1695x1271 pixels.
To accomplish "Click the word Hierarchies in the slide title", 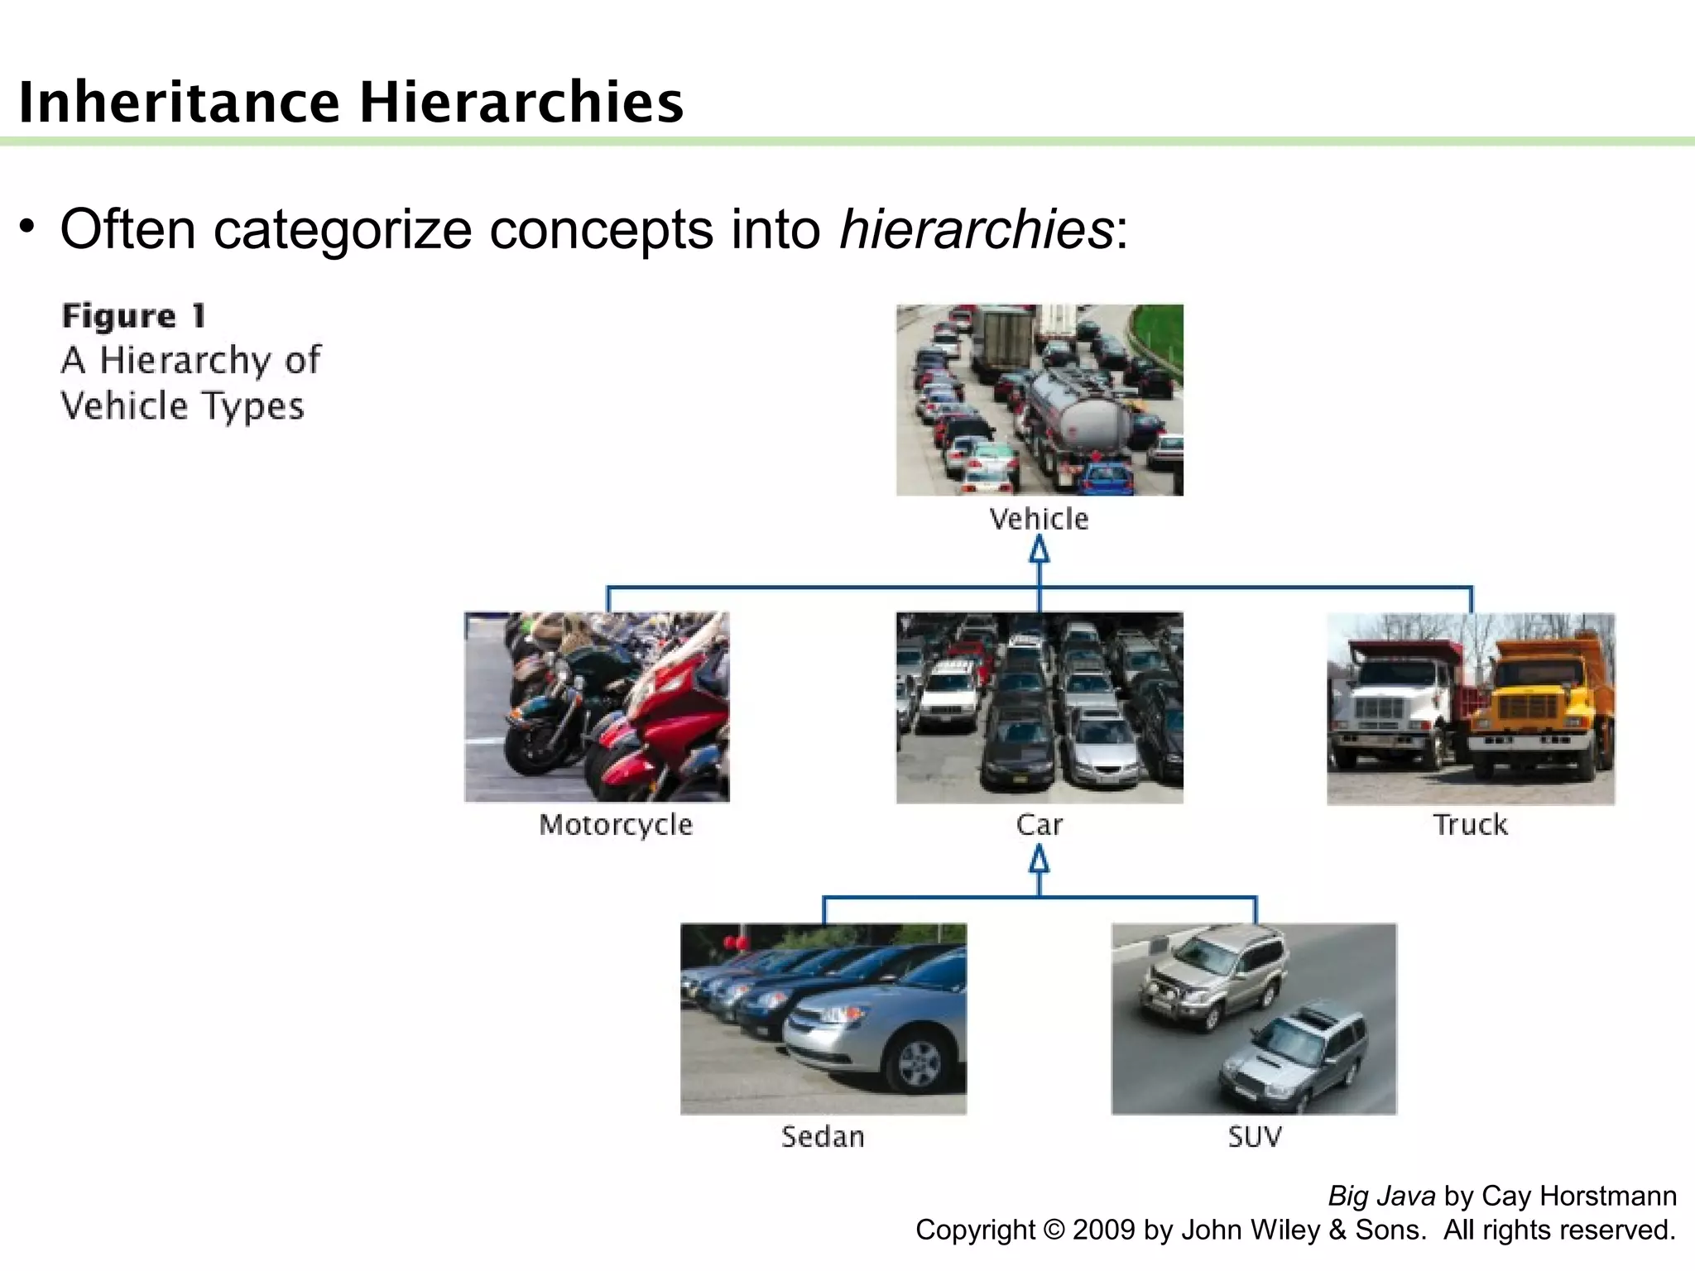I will pos(521,103).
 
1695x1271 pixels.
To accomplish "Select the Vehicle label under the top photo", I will pos(1040,520).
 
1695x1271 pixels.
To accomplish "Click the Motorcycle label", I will pos(616,825).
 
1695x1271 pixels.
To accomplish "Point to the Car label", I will pos(1040,825).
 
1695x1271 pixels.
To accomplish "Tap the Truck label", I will pos(1471,825).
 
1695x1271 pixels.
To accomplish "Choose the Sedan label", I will pos(823,1137).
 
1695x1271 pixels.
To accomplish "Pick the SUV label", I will pos(1255,1137).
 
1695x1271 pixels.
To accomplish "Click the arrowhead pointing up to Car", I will pos(1040,861).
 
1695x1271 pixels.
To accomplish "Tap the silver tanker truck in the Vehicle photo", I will pos(1076,414).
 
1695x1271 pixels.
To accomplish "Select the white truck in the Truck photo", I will pos(1390,703).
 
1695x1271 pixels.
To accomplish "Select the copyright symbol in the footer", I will pos(1054,1230).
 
